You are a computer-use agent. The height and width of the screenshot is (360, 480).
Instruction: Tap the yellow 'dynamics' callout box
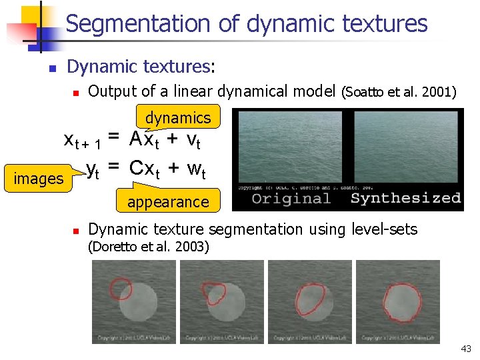[x=177, y=118]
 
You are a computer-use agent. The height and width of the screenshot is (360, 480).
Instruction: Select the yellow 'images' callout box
[x=39, y=179]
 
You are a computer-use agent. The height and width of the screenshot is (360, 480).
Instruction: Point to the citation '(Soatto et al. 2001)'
[x=399, y=91]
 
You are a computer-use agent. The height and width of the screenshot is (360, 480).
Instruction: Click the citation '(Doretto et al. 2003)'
[x=149, y=247]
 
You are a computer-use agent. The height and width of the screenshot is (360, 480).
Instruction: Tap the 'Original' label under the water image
[x=291, y=198]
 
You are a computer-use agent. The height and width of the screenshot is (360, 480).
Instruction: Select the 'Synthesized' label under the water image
[x=405, y=198]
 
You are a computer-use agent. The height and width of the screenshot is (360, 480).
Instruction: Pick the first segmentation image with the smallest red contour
[x=134, y=301]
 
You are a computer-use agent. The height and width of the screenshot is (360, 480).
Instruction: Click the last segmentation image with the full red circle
[x=398, y=301]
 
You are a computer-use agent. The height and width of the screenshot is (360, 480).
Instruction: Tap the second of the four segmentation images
[x=222, y=301]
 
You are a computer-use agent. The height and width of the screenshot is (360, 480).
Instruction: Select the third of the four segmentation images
[x=310, y=301]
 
